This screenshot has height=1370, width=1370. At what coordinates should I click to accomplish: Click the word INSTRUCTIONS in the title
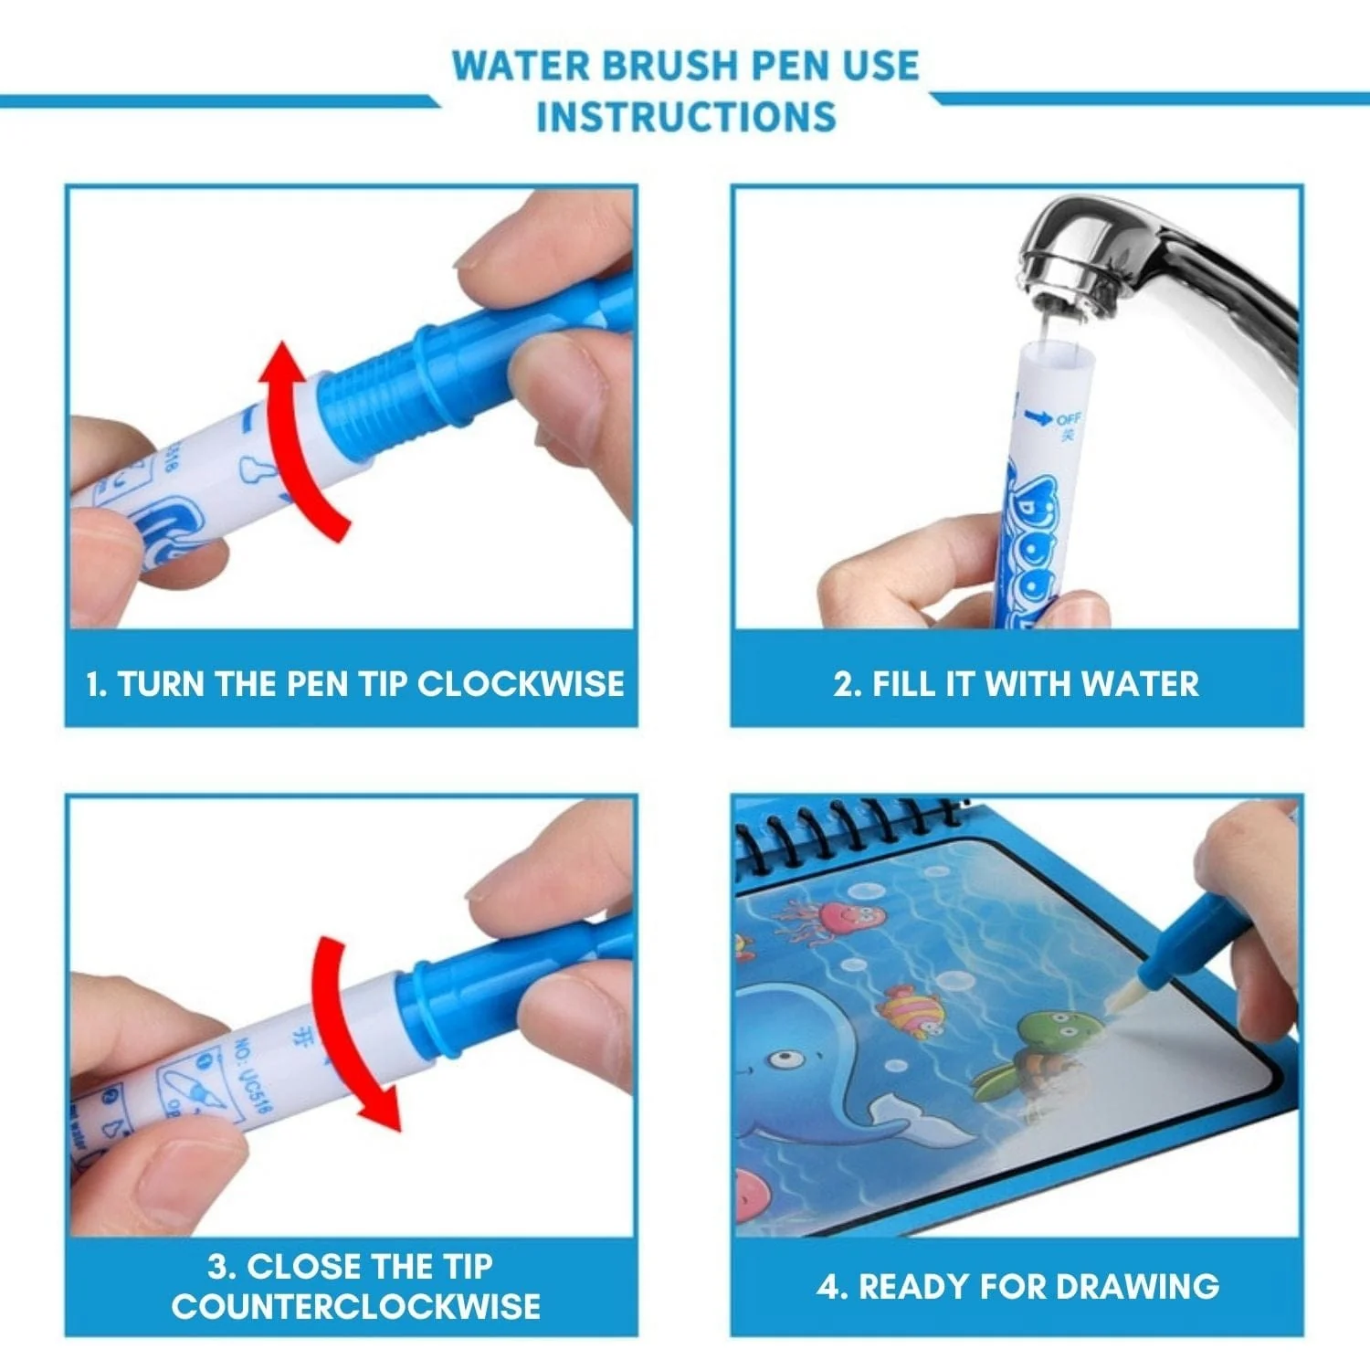pos(686,117)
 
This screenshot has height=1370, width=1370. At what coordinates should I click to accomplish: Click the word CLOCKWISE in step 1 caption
pos(521,684)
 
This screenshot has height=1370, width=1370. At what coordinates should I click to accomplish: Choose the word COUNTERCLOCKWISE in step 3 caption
pos(355,1306)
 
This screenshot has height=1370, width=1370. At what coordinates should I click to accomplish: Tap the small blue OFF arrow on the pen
pos(1038,418)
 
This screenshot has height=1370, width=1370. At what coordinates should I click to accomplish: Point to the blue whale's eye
pos(781,1059)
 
